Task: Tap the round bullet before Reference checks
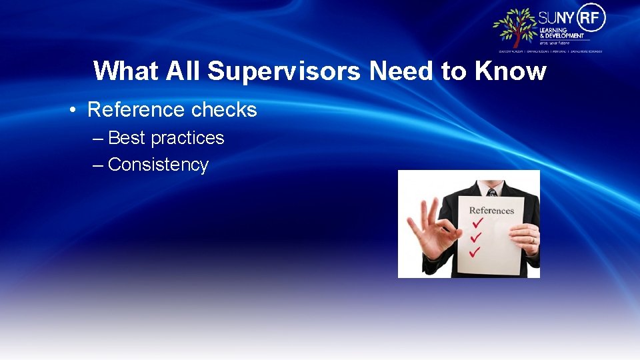(x=71, y=110)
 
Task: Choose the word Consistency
(x=158, y=165)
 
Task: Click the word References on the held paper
(x=491, y=211)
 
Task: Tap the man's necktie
(x=492, y=192)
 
